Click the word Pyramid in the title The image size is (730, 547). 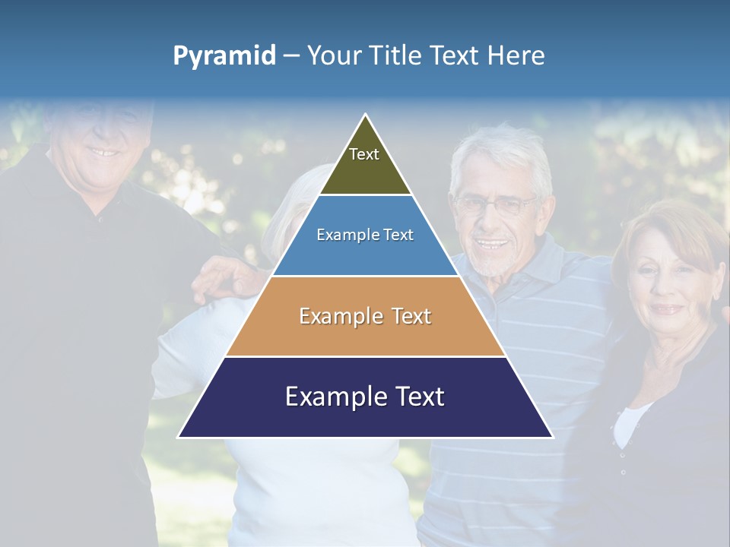224,55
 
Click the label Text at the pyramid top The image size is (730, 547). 364,154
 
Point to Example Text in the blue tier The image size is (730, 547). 365,235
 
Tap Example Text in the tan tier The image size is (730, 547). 365,316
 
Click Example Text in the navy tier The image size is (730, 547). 365,397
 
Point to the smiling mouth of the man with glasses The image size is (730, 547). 493,245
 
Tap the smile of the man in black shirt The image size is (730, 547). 102,152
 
